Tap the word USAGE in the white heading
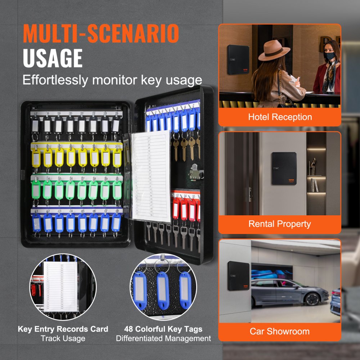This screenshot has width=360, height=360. pos(53,59)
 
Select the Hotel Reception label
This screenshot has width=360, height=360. pos(280,117)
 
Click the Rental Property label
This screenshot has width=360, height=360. pos(279,224)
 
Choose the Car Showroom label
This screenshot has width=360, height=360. pos(279,331)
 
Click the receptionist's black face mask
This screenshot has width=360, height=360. pos(330,56)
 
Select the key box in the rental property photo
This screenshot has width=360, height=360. pos(284,168)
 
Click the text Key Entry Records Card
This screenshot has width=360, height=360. pos(63,329)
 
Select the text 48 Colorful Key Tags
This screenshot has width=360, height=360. pos(163,329)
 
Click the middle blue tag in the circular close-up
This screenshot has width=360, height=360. pos(163,288)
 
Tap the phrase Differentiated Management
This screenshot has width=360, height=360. pos(163,338)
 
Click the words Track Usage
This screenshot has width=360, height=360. pos(63,338)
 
